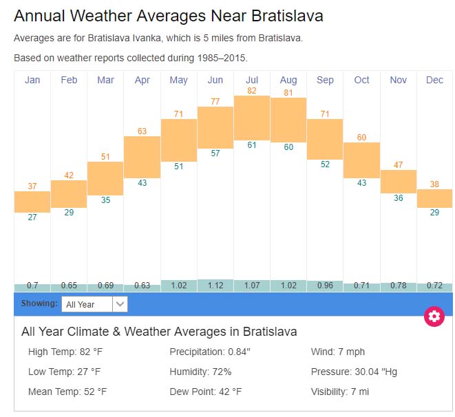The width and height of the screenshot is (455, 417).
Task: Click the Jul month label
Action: (252, 80)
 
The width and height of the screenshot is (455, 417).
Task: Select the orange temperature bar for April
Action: (142, 157)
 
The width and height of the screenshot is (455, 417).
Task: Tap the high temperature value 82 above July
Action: (252, 90)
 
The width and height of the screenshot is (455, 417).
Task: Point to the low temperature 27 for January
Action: (32, 217)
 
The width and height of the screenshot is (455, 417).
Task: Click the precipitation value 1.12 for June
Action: (215, 285)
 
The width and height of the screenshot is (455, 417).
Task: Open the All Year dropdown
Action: (94, 304)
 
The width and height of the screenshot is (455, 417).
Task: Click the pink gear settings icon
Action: (434, 317)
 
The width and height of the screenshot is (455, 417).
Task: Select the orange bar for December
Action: (434, 198)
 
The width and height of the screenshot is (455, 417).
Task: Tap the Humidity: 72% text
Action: (200, 372)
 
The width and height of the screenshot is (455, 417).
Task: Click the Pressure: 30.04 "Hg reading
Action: (354, 372)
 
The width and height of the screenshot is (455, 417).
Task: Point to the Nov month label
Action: (398, 80)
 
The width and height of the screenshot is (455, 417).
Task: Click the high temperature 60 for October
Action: (361, 138)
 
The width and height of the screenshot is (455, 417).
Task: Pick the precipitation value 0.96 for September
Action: (325, 285)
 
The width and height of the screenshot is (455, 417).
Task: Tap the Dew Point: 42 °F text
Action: (205, 392)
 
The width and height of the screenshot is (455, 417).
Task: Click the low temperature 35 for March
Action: (105, 200)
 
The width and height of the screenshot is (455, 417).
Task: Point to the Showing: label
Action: (39, 303)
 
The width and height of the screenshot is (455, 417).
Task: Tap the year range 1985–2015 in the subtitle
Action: (222, 58)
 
